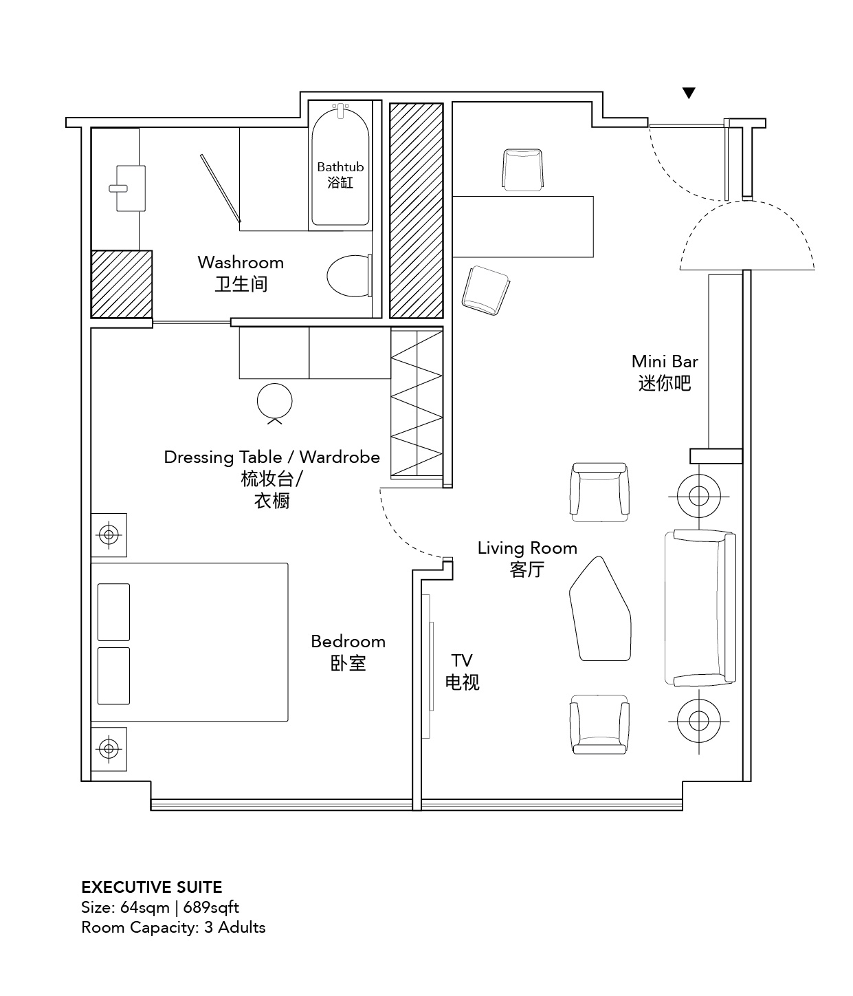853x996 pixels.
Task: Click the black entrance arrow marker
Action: pyautogui.click(x=689, y=93)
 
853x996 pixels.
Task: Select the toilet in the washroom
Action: pyautogui.click(x=350, y=276)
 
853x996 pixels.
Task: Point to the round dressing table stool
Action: pyautogui.click(x=274, y=402)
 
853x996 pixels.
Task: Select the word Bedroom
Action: pyautogui.click(x=348, y=641)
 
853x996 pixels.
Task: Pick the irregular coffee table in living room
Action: pyautogui.click(x=600, y=609)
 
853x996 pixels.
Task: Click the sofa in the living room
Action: pyautogui.click(x=700, y=607)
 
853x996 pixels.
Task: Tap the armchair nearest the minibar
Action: pyautogui.click(x=599, y=492)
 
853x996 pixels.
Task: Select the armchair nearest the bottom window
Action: pyautogui.click(x=599, y=724)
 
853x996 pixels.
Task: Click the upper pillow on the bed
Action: pyautogui.click(x=113, y=612)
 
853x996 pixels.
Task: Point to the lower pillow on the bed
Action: pyautogui.click(x=113, y=675)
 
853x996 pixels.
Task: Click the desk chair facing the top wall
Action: pyautogui.click(x=523, y=170)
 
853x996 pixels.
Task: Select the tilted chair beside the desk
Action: pyautogui.click(x=485, y=290)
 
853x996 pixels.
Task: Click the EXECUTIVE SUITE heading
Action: pyautogui.click(x=152, y=887)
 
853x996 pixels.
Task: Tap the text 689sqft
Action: pyautogui.click(x=211, y=907)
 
